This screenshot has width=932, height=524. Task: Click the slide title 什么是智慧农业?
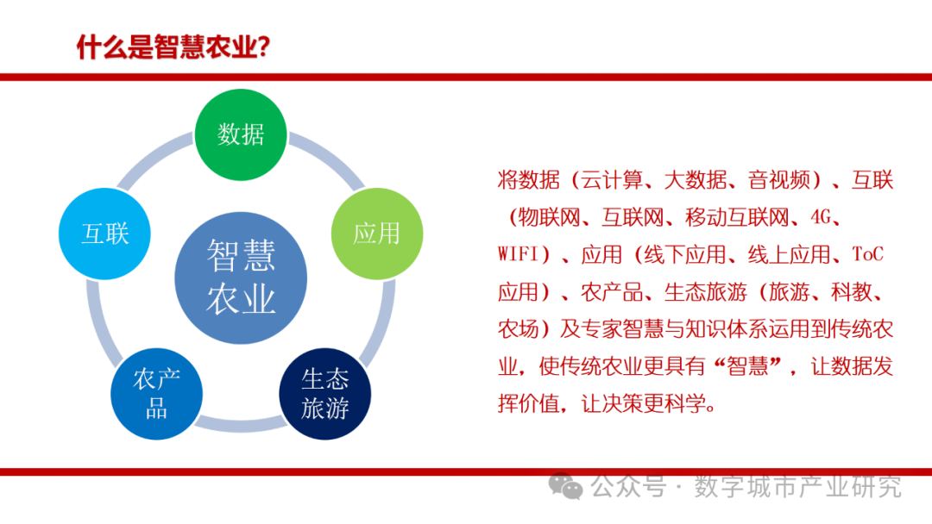(x=173, y=47)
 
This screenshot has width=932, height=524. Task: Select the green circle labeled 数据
(x=241, y=134)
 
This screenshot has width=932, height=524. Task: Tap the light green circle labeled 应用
(x=377, y=234)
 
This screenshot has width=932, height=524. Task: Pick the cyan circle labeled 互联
(x=104, y=234)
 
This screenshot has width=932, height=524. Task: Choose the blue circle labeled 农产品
(x=156, y=394)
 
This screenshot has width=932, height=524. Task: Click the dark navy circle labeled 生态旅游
(x=325, y=394)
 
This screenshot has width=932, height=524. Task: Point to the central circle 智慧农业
(x=241, y=278)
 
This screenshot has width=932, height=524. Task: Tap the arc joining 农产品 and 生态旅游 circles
(x=241, y=424)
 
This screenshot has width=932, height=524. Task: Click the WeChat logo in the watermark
(x=565, y=486)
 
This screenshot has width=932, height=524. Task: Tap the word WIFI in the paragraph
(x=518, y=254)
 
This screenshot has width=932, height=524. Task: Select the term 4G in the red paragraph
(x=821, y=217)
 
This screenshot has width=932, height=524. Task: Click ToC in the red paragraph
(x=868, y=254)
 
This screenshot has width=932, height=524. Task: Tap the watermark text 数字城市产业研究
(x=798, y=487)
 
